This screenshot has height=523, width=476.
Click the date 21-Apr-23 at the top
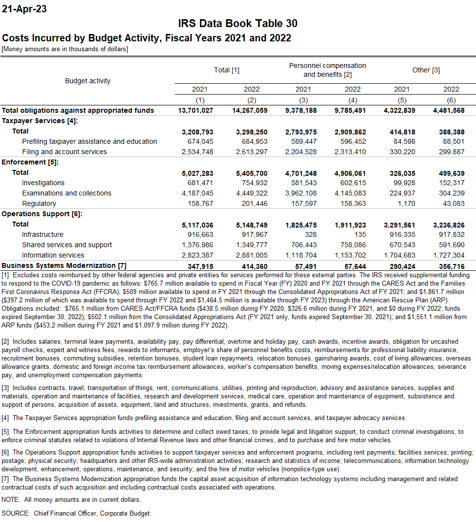25,9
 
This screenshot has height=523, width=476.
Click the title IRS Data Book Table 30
238,24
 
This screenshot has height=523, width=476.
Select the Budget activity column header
88,81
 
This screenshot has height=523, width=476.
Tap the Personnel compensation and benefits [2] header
327,70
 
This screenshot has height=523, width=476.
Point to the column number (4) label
352,100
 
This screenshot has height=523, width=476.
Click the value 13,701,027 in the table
196,110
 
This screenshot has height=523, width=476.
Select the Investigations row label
43,183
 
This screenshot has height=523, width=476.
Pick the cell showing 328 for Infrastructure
310,234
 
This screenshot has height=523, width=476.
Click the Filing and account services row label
64,152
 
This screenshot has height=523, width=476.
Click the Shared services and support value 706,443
303,245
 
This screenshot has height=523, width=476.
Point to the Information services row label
53,255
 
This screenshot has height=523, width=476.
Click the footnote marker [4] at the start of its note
5,418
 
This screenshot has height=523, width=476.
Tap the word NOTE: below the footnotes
11,499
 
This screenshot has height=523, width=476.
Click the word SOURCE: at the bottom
16,513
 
